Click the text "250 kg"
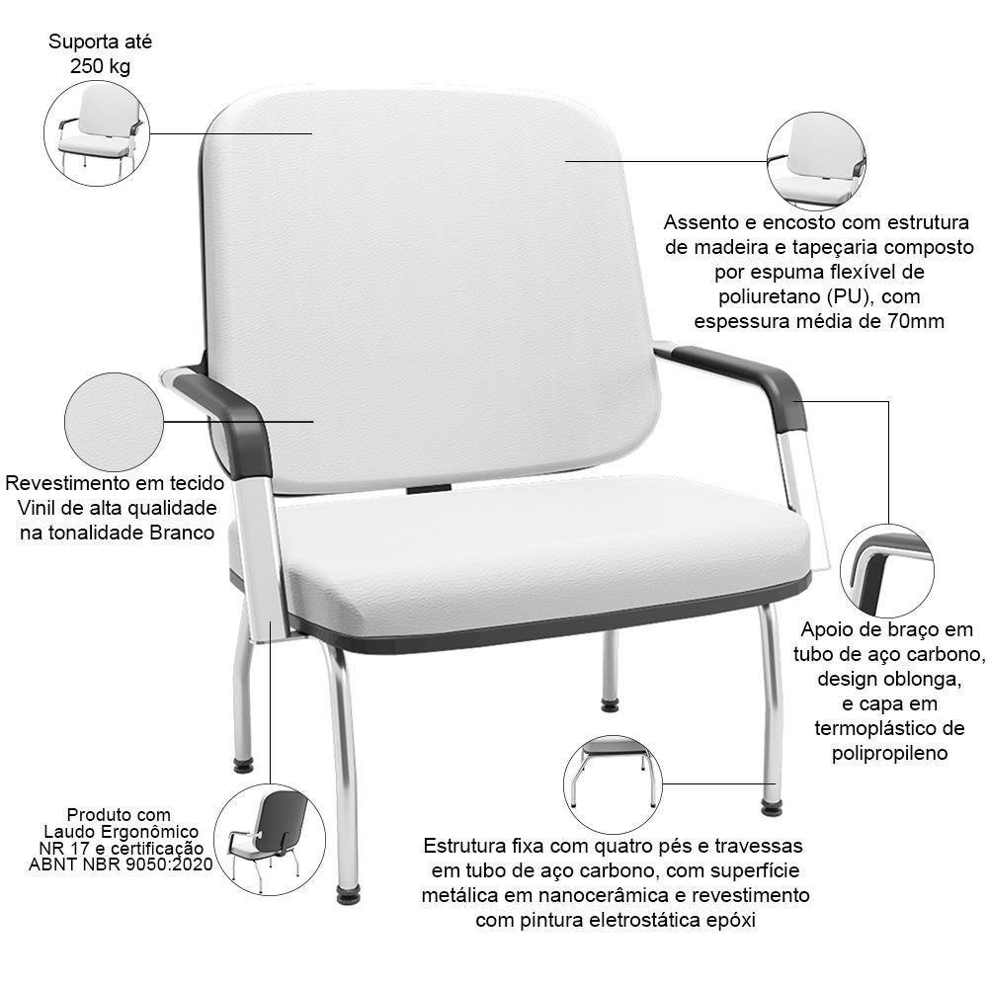[x=100, y=66]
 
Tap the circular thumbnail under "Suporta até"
[x=97, y=133]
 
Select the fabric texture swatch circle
[x=114, y=422]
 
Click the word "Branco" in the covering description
[x=182, y=533]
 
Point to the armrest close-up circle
[x=887, y=571]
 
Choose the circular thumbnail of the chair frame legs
[x=614, y=783]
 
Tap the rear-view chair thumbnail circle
[x=270, y=839]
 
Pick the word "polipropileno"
[x=890, y=753]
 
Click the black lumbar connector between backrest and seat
[x=429, y=489]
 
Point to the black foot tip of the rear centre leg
[x=610, y=705]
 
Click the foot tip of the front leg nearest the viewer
[x=349, y=895]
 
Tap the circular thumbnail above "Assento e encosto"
[x=816, y=161]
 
